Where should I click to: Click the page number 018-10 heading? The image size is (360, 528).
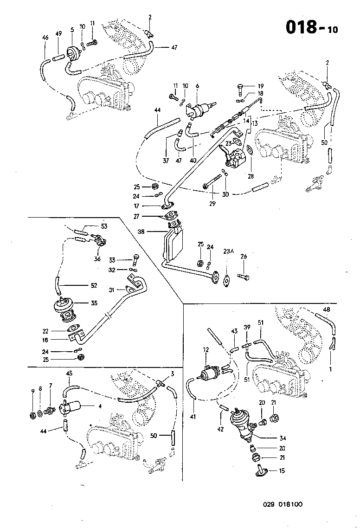coord(311,28)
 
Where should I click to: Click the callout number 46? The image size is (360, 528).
coord(45,37)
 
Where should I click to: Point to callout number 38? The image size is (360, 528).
coord(141,231)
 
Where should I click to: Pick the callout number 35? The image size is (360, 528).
coord(94,303)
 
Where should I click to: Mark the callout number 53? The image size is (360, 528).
coord(104,226)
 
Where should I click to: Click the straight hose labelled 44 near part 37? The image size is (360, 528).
coord(161,128)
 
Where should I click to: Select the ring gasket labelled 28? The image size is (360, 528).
coord(249,150)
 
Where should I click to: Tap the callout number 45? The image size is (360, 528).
coord(69,373)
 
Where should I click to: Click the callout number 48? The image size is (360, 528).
coord(327,309)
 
